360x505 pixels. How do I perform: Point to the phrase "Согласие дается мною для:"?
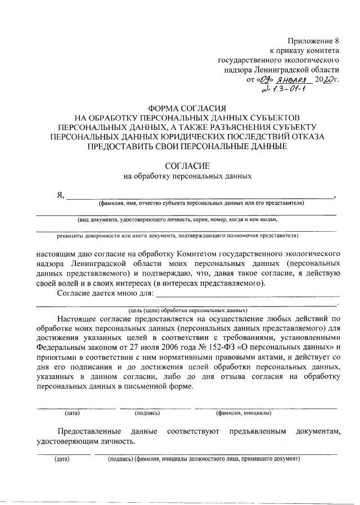coord(105,293)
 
